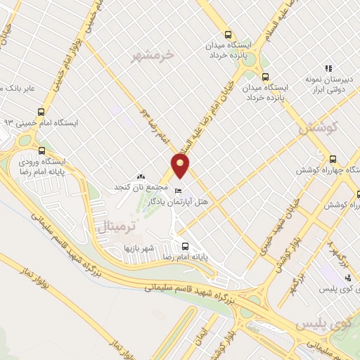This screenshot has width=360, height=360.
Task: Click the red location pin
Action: (181, 166)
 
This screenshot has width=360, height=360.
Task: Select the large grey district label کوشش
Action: (319, 129)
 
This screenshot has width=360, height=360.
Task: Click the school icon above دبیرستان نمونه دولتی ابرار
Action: (328, 67)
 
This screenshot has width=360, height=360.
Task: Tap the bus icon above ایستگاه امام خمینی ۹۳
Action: (41, 110)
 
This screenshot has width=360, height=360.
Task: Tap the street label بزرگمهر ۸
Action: (339, 257)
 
